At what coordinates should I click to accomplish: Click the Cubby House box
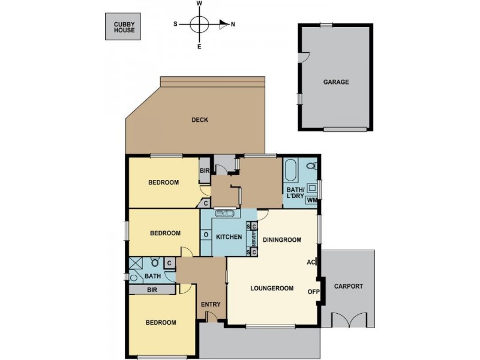(x=123, y=26)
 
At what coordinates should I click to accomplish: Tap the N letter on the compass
(x=233, y=25)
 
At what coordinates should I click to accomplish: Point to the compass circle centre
(x=199, y=24)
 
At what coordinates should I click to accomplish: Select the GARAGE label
(x=336, y=82)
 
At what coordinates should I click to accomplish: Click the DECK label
(x=200, y=120)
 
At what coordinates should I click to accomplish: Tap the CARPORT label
(x=349, y=286)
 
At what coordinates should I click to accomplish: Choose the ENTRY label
(x=211, y=304)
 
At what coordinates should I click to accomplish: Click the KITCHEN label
(x=229, y=237)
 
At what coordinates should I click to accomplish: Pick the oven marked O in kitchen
(x=206, y=235)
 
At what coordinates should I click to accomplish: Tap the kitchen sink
(x=224, y=213)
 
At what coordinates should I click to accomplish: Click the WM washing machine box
(x=311, y=200)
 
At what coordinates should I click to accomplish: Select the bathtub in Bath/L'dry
(x=290, y=170)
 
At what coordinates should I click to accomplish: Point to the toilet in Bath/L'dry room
(x=311, y=166)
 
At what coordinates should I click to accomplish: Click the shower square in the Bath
(x=136, y=263)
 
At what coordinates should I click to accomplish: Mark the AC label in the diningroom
(x=311, y=262)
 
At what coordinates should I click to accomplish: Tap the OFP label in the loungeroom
(x=313, y=292)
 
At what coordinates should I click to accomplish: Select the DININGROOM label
(x=282, y=239)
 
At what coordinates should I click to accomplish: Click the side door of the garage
(x=304, y=57)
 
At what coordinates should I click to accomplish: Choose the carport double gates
(x=349, y=319)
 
